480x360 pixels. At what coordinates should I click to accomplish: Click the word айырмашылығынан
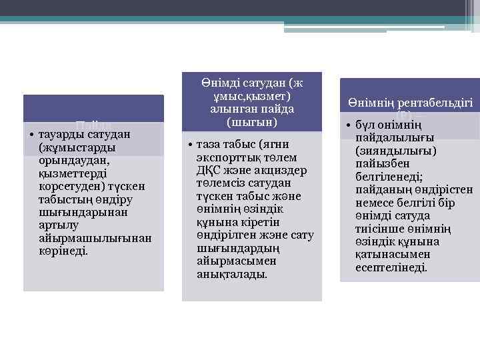pos(95,238)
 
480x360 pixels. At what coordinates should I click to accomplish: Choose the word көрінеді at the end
pos(63,251)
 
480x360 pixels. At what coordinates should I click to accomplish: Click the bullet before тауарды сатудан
pos(32,135)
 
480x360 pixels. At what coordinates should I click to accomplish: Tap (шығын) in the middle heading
pos(252,123)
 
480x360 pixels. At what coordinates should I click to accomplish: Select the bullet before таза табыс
pos(190,145)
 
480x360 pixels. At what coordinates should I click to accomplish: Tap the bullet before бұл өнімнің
pos(348,126)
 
